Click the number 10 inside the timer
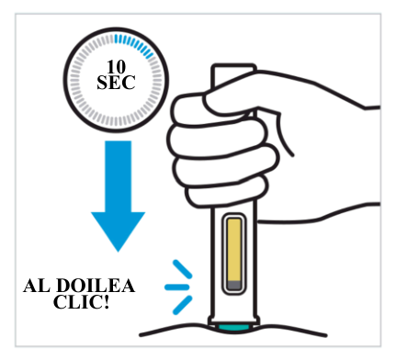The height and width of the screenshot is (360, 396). pos(116,67)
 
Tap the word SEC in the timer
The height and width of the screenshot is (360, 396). pos(116,83)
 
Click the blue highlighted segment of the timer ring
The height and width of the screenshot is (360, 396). pos(135,45)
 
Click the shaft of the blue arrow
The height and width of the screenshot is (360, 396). pos(118,176)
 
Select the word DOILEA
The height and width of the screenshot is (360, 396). pos(96,286)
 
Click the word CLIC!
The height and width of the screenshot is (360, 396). pos(81,302)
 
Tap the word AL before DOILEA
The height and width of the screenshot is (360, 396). pos(37,286)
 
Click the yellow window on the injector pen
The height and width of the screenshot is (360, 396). pos(234,249)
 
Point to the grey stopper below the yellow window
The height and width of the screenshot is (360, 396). pos(234,286)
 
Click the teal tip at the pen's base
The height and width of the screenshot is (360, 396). pos(234,328)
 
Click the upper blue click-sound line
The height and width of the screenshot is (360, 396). pos(183,269)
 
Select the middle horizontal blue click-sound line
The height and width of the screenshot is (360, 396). pos(176,287)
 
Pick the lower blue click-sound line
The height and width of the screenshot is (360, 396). pos(183,305)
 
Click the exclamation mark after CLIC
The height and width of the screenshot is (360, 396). pos(107,302)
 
